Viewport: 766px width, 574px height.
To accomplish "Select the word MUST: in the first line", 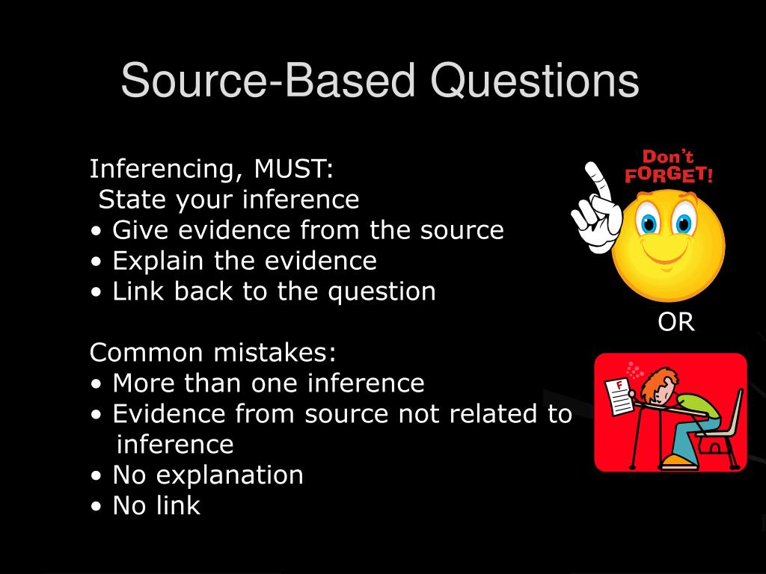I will tap(293, 169).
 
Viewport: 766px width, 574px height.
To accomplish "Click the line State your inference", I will tap(229, 200).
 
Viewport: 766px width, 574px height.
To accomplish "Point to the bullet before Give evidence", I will tap(97, 231).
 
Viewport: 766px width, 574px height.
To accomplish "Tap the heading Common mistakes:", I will tap(213, 352).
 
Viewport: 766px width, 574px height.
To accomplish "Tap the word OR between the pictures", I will tap(676, 322).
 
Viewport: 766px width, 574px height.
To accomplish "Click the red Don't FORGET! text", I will tap(668, 167).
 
